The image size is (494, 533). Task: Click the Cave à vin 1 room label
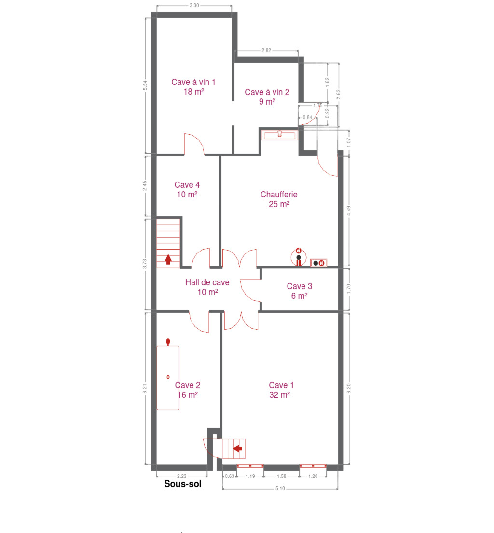(x=193, y=87)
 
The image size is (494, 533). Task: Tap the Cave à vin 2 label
(x=267, y=97)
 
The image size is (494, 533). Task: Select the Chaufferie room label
(x=279, y=199)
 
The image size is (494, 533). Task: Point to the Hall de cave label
(x=207, y=287)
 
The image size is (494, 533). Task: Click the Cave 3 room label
(x=299, y=291)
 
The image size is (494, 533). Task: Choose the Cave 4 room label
(x=187, y=190)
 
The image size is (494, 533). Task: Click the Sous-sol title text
(x=183, y=484)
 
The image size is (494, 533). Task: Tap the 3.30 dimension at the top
(x=194, y=5)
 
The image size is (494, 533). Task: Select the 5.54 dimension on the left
(x=145, y=85)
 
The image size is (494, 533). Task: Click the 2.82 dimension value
(x=266, y=50)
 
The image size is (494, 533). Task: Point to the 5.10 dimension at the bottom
(x=280, y=489)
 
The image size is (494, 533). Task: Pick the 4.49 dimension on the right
(x=349, y=211)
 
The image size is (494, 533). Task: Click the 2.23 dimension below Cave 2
(x=182, y=476)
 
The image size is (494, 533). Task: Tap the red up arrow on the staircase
(x=168, y=259)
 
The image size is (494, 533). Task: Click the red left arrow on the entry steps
(x=237, y=449)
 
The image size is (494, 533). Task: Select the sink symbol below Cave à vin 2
(x=280, y=135)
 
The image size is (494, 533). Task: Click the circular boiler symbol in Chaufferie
(x=299, y=257)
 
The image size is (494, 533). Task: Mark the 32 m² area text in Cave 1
(x=280, y=394)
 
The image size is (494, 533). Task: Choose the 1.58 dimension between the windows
(x=282, y=476)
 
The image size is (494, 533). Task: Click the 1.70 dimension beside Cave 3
(x=349, y=289)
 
